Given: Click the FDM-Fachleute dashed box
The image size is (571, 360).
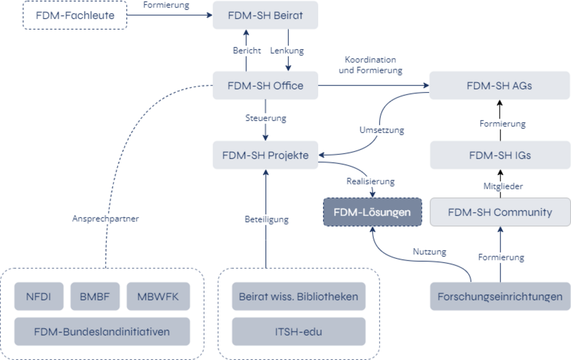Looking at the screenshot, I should click(x=74, y=15).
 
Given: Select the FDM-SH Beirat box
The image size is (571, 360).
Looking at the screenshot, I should click(x=265, y=15).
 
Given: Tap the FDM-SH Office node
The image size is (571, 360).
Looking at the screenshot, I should click(x=265, y=85).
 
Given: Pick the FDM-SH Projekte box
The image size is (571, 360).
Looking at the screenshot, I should click(x=265, y=155).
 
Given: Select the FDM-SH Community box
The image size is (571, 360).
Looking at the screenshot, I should click(x=499, y=212).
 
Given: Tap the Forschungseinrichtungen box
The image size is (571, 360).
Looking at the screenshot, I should click(x=499, y=297).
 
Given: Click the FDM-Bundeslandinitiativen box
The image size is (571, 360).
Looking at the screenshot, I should click(x=102, y=332).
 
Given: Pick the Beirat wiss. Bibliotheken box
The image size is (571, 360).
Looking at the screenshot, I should click(x=298, y=297).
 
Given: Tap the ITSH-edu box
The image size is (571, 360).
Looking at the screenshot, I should click(x=298, y=332).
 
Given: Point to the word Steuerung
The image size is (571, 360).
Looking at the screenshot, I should click(x=265, y=118).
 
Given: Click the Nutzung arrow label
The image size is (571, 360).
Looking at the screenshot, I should click(x=429, y=252).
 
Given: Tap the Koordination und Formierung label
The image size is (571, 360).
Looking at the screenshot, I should click(x=370, y=65).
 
